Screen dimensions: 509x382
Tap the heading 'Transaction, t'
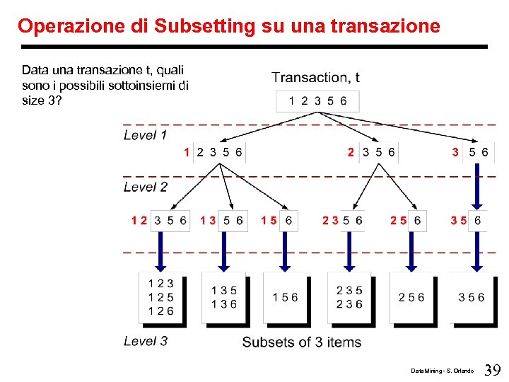(315, 77)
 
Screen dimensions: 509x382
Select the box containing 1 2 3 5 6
(317, 101)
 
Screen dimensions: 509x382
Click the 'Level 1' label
(145, 134)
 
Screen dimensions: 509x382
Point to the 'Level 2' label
(145, 187)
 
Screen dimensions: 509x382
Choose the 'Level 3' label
(145, 341)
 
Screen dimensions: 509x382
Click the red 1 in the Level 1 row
(186, 151)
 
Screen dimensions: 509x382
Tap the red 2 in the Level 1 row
(351, 151)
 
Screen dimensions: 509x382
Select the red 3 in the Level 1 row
(455, 151)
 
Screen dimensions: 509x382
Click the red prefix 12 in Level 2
(139, 221)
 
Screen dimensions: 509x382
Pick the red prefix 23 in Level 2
(329, 221)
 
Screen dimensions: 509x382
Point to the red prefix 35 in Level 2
(458, 221)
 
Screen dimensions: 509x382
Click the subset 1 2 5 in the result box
(160, 297)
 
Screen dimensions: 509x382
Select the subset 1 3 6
(223, 304)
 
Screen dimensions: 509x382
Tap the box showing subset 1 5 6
(285, 298)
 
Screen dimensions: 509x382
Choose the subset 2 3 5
(349, 290)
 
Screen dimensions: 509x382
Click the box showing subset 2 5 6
(411, 298)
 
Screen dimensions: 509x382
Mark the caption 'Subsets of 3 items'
(301, 342)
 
